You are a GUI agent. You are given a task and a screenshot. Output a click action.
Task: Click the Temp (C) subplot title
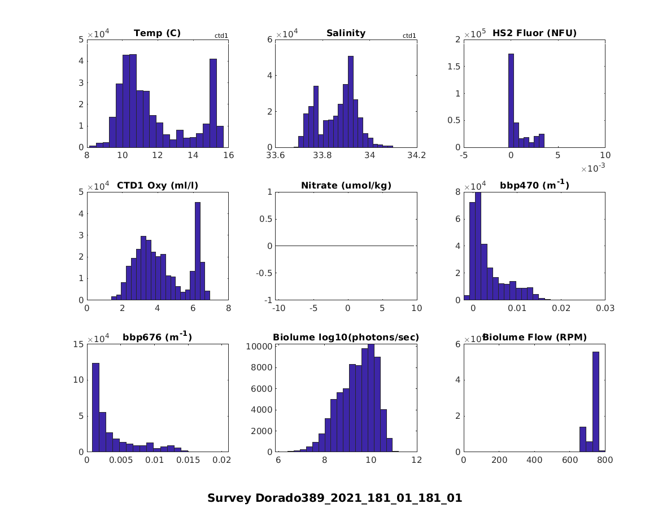coord(157,33)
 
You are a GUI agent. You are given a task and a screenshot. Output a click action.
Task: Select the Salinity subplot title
coord(346,33)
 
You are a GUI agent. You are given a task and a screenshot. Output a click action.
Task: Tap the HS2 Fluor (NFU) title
coord(534,33)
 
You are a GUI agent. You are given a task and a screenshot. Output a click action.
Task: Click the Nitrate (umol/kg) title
coord(346,185)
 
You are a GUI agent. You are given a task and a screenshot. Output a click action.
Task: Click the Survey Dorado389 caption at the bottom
coord(334,498)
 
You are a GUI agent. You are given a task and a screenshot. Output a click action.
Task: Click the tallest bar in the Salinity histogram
coord(351,102)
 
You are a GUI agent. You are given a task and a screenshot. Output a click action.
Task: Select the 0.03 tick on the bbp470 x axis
coord(604,308)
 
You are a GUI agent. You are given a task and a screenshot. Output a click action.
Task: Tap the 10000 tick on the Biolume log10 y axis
coord(263,346)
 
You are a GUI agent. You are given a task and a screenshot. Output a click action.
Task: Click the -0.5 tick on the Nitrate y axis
coord(264,273)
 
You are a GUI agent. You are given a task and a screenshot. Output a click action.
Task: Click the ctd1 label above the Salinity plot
coord(409,36)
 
